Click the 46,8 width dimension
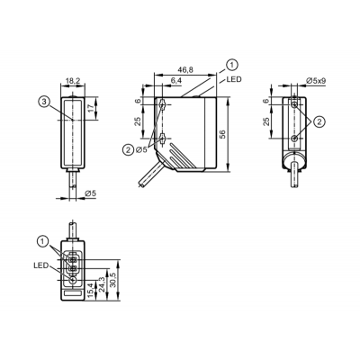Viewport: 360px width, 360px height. coord(185,69)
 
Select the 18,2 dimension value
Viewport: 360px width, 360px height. coord(73,81)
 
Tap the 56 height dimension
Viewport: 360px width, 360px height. coord(223,134)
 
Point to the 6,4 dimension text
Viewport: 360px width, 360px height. coord(176,81)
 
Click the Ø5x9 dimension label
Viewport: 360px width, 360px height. coord(316,80)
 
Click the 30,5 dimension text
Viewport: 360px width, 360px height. coord(113,280)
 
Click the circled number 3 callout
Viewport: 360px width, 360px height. coord(44,102)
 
